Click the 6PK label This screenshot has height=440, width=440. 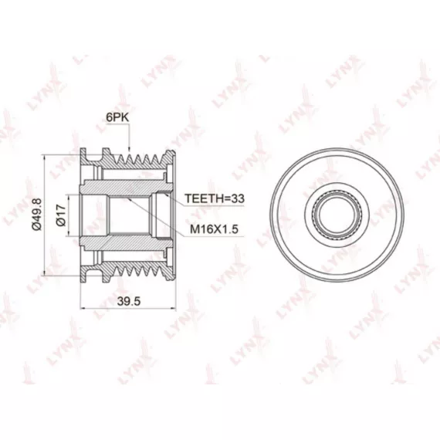tap(117, 117)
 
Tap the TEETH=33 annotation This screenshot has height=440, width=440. tap(215, 198)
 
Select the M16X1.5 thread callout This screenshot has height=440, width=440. tap(214, 229)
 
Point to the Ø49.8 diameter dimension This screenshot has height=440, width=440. tap(37, 214)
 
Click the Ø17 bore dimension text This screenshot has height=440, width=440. tap(61, 215)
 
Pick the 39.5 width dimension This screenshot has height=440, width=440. tap(129, 301)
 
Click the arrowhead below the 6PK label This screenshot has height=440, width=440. tap(129, 149)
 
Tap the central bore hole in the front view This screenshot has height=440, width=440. tap(337, 215)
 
